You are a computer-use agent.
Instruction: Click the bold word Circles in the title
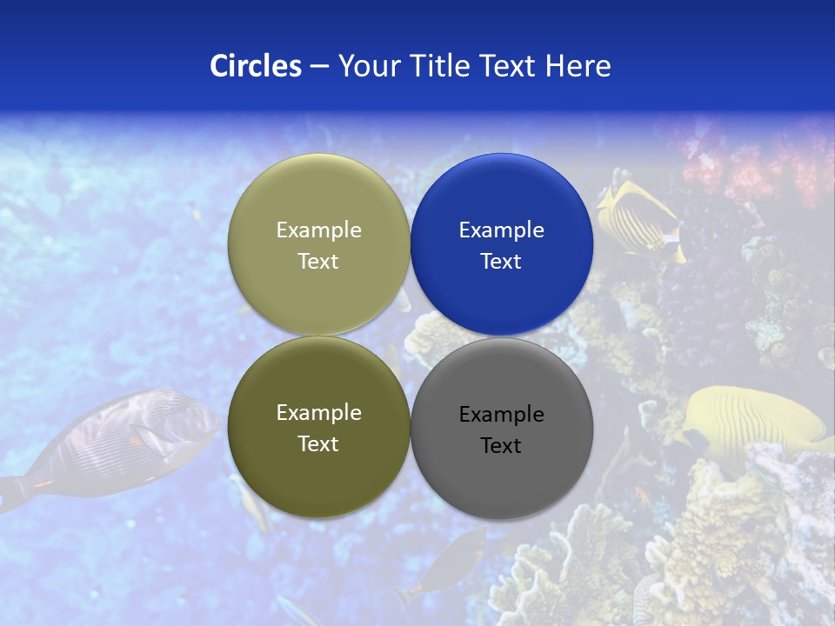[x=255, y=66]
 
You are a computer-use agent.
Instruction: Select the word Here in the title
[x=578, y=66]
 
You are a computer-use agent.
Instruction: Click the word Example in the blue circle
[x=501, y=230]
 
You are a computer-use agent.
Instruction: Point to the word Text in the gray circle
[x=501, y=446]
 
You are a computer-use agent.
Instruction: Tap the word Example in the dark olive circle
[x=318, y=413]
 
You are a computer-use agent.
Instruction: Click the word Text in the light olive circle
[x=318, y=262]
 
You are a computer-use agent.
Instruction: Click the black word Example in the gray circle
[x=501, y=415]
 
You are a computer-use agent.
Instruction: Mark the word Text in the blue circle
[x=501, y=262]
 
